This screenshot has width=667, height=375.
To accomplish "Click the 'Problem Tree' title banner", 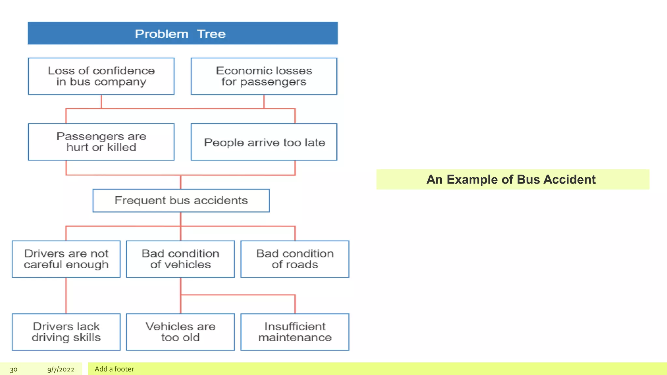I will (182, 33).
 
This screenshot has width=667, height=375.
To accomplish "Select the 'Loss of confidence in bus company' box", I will (101, 76).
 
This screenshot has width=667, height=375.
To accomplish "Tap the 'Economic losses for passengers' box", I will (264, 76).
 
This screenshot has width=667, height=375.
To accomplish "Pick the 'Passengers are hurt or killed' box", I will (101, 142).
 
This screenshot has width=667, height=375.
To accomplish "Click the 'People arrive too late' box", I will (264, 142).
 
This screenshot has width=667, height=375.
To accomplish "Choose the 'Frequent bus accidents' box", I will (181, 201).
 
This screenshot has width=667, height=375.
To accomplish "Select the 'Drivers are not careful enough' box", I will (66, 259).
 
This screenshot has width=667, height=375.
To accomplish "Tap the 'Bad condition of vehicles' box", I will (180, 259).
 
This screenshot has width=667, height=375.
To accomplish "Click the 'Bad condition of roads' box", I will (295, 259).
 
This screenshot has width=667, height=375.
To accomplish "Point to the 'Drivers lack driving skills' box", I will (66, 332).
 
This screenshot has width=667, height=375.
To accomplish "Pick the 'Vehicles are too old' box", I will (180, 332).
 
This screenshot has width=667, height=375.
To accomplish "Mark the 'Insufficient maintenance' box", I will (295, 332).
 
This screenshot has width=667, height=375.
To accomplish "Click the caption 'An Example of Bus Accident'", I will (511, 180).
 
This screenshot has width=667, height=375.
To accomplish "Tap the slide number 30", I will (14, 369).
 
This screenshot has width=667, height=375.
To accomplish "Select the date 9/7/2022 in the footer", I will (61, 369).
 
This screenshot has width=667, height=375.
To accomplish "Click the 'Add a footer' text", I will (114, 369).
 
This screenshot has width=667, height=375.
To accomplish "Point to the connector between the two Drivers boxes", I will (66, 296).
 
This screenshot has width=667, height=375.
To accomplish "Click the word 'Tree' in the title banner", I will (211, 34).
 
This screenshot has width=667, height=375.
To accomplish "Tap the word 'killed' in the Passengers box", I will (121, 147).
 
